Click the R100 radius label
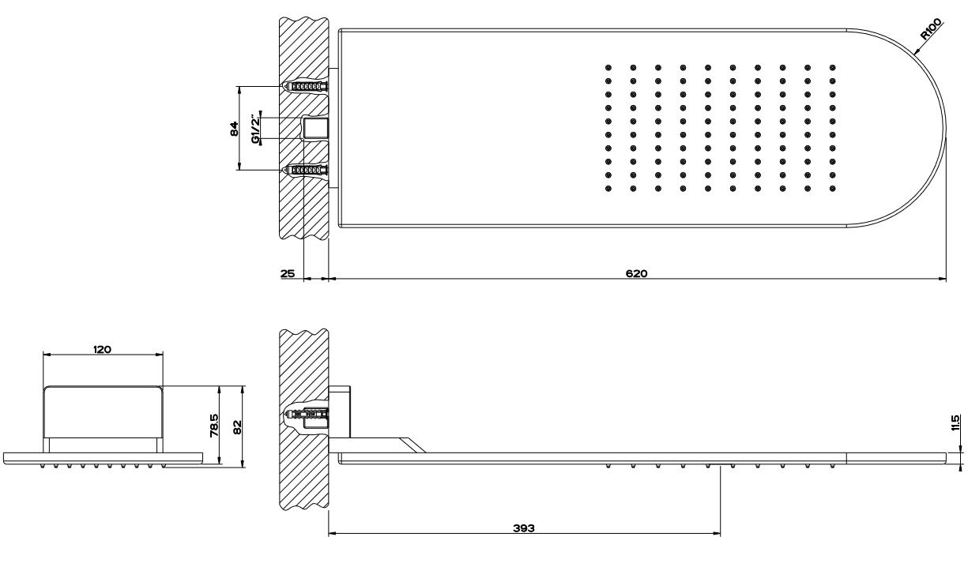click(x=931, y=29)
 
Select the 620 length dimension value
click(x=637, y=273)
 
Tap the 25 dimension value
click(x=288, y=273)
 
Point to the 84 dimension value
click(x=234, y=129)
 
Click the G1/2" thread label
click(x=256, y=128)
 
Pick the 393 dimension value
click(x=524, y=528)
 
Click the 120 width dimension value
click(x=103, y=349)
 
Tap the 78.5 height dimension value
click(x=214, y=426)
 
